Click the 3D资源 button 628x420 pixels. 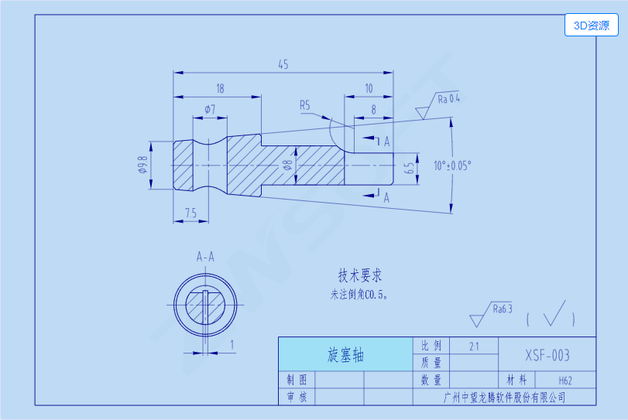pos(592,26)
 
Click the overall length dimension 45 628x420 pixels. pos(283,65)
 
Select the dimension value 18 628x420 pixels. pos(220,89)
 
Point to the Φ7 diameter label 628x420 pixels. pos(210,108)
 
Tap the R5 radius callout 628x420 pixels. pos(305,104)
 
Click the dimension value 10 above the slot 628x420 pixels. pos(369,89)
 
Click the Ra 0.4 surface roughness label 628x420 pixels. pos(448,99)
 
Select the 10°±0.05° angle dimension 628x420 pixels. pos(453,165)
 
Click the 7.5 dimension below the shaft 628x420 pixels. pos(191,213)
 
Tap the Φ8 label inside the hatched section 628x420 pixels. pos(287,165)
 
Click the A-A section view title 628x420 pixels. pos(205,256)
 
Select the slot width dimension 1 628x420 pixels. pos(232,343)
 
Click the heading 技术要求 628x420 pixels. pos(360,275)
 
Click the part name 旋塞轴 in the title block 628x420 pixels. pos(345,355)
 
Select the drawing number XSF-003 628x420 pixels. pos(547,355)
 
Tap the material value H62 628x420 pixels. pos(565,381)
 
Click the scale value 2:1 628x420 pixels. pos(473,347)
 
